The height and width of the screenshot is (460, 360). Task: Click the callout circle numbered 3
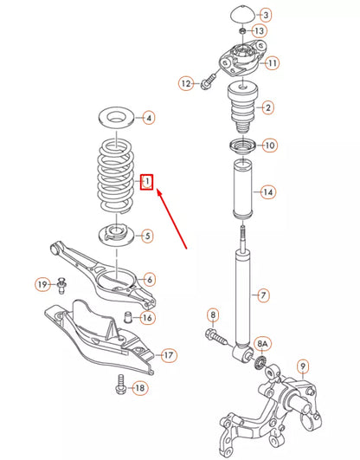[265, 15]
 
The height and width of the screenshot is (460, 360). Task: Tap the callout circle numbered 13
[260, 31]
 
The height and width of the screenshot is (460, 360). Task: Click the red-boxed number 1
[148, 182]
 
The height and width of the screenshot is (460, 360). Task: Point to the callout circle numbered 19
[42, 285]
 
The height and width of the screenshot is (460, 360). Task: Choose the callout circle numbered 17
[168, 354]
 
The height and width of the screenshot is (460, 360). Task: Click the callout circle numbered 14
[268, 191]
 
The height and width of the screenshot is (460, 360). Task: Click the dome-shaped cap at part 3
[240, 15]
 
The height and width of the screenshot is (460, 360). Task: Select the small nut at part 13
[241, 33]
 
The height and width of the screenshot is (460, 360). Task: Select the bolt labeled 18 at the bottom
[119, 388]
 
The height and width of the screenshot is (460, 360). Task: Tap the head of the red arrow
[157, 194]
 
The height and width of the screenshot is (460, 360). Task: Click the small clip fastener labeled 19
[63, 283]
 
